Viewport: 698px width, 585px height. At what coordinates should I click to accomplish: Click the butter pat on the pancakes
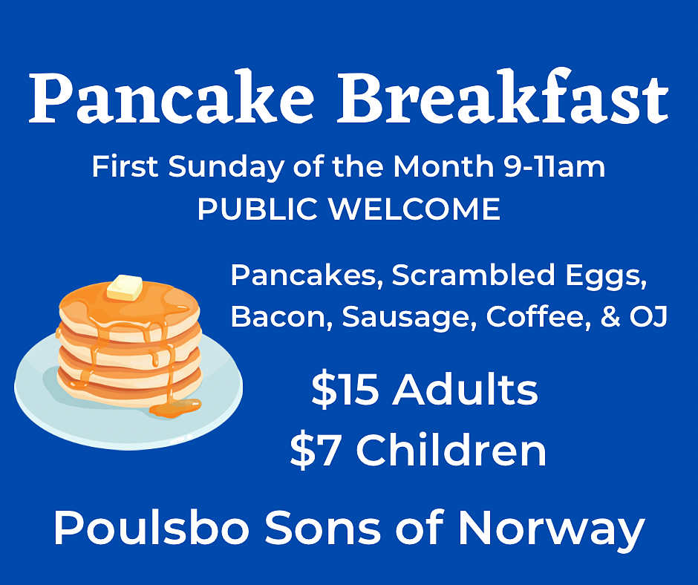pyautogui.click(x=124, y=287)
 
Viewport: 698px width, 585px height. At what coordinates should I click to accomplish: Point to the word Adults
pyautogui.click(x=465, y=390)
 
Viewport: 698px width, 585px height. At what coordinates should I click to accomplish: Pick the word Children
pyautogui.click(x=451, y=450)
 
